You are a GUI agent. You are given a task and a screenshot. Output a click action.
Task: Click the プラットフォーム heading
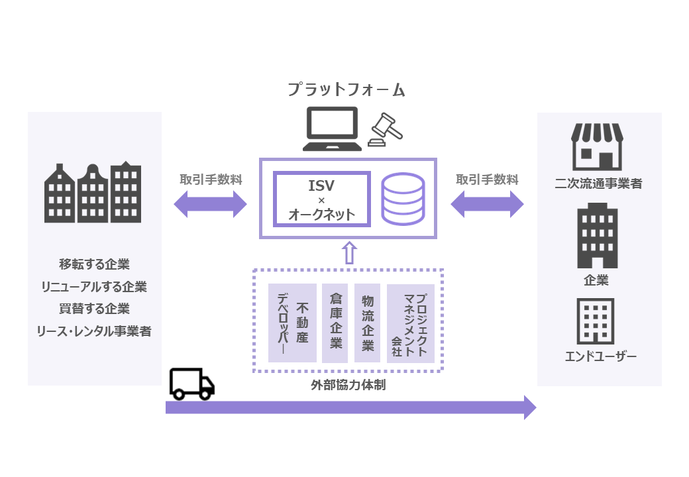[346, 89]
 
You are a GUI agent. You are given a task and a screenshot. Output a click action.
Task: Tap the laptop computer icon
[331, 129]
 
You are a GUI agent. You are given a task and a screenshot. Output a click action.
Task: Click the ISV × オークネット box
[321, 199]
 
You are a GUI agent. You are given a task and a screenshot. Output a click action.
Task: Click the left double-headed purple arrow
[210, 204]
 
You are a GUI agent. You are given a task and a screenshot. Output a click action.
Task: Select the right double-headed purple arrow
[487, 204]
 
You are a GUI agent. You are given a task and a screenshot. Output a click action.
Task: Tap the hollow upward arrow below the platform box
[348, 252]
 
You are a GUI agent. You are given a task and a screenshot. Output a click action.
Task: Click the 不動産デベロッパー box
[292, 323]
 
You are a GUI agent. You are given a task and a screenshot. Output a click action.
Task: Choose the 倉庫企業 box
[335, 323]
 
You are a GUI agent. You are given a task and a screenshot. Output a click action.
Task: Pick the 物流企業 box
[367, 323]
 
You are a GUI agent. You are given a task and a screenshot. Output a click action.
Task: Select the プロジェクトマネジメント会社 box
[410, 323]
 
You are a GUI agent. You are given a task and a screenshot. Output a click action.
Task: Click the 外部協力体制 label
[348, 385]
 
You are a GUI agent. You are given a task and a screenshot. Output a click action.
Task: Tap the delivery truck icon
[191, 384]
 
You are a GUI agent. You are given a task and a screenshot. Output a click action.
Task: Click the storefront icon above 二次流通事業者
[598, 146]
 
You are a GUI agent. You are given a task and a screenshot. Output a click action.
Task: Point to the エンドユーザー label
[600, 357]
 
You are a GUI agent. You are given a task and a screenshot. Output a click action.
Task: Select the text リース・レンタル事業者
[94, 331]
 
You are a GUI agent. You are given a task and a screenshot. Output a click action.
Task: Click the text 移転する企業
[94, 264]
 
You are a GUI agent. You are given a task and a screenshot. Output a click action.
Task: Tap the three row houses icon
[93, 192]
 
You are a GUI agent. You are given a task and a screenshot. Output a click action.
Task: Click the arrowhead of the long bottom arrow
[529, 407]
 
